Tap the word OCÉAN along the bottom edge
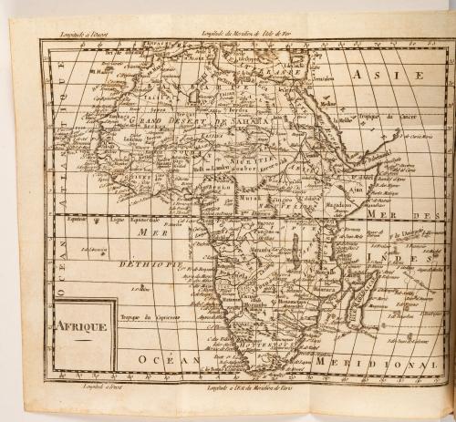161,361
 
